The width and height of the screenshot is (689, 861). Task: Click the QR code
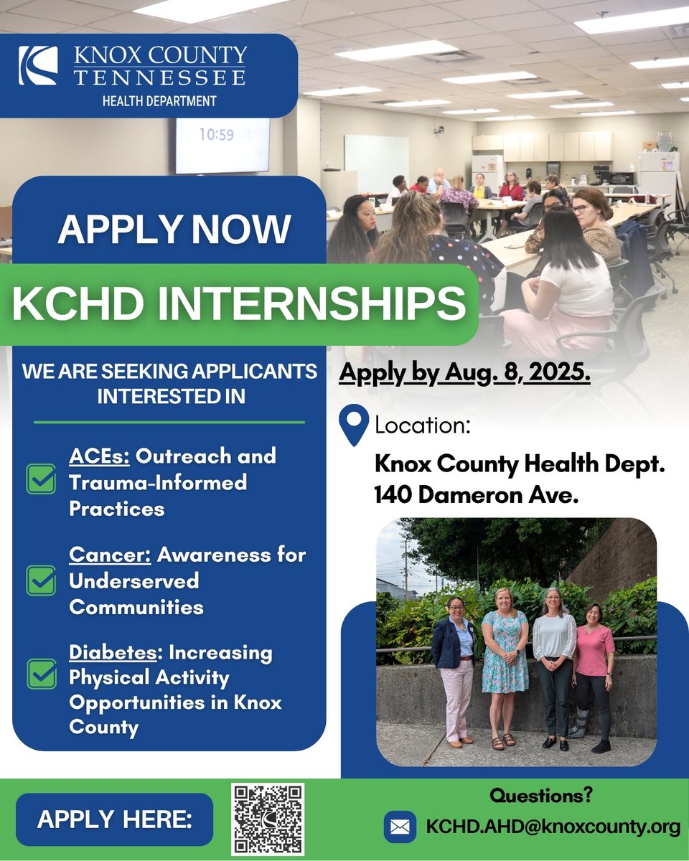click(268, 819)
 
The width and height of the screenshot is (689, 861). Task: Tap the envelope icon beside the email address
click(400, 827)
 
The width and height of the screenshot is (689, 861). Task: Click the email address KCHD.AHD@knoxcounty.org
click(553, 827)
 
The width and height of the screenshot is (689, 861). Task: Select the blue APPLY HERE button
click(115, 819)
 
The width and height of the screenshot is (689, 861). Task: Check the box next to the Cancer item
click(41, 580)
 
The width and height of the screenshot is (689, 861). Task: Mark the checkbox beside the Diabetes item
click(41, 674)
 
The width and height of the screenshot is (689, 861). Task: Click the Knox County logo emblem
click(37, 66)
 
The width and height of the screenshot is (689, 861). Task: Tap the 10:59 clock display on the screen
click(216, 134)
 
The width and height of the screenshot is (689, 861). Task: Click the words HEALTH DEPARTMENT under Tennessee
click(159, 101)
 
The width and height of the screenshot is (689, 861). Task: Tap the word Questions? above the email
click(540, 795)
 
